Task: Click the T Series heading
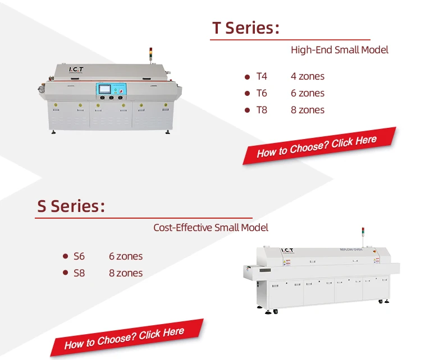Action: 245,28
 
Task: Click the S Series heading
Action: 71,206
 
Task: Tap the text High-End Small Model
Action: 339,50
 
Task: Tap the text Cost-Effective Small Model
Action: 210,228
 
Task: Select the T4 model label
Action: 262,76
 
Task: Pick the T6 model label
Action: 262,93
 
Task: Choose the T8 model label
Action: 262,110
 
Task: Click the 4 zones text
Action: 307,76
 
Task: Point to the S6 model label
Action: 79,256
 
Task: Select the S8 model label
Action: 79,273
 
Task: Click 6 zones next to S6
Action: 126,256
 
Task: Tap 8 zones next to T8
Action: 307,110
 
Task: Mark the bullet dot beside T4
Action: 247,76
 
